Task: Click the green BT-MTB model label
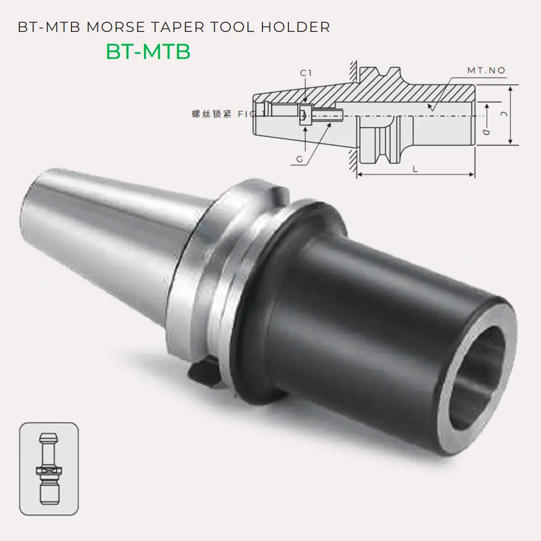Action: (148, 51)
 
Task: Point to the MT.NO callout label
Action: (486, 71)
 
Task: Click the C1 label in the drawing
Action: (306, 73)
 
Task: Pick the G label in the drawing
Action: (300, 159)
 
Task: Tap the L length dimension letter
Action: (415, 169)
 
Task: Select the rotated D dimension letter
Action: (486, 131)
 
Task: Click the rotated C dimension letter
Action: (503, 115)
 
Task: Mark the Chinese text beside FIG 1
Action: (212, 114)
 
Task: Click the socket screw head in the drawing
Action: (304, 115)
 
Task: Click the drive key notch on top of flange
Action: (276, 193)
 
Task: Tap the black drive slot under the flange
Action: (203, 373)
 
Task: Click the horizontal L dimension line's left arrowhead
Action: (359, 175)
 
